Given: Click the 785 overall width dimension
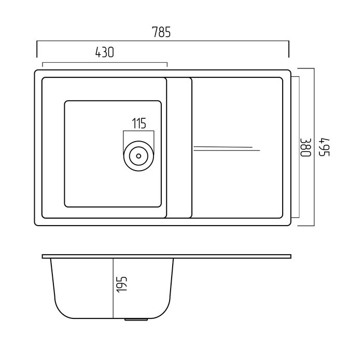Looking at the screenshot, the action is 161,32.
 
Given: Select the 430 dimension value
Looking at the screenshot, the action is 105,52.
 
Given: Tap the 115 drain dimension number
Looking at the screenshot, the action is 139,123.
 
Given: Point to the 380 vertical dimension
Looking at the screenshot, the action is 305,147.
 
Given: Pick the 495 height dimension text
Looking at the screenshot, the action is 324,147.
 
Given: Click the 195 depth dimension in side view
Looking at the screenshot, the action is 122,285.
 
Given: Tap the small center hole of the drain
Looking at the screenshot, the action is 138,156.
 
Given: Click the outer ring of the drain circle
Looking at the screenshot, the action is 138,141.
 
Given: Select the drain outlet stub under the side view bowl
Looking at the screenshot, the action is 136,320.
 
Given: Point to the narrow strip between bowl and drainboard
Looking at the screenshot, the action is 179,148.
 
